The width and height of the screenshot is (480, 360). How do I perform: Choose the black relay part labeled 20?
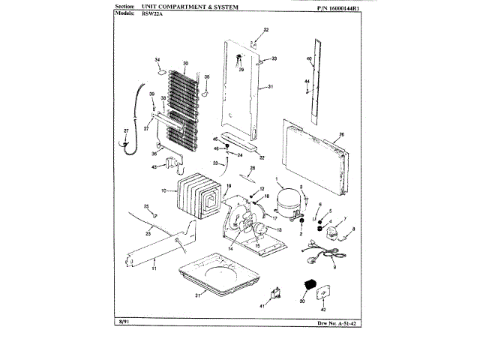(x=306, y=286)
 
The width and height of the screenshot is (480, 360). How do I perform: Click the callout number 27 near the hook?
(x=126, y=131)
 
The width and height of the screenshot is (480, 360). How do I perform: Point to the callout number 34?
(x=158, y=59)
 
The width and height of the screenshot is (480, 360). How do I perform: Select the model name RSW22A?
(x=151, y=14)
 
